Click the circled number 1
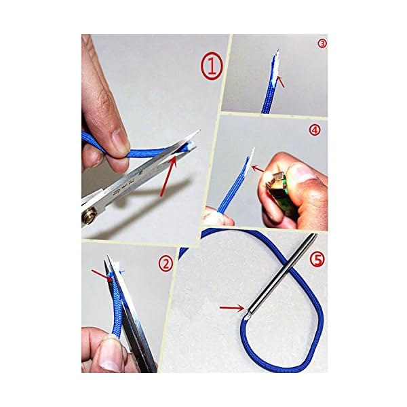(x=211, y=67)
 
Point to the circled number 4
(x=314, y=130)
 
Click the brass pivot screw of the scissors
(x=89, y=217)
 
